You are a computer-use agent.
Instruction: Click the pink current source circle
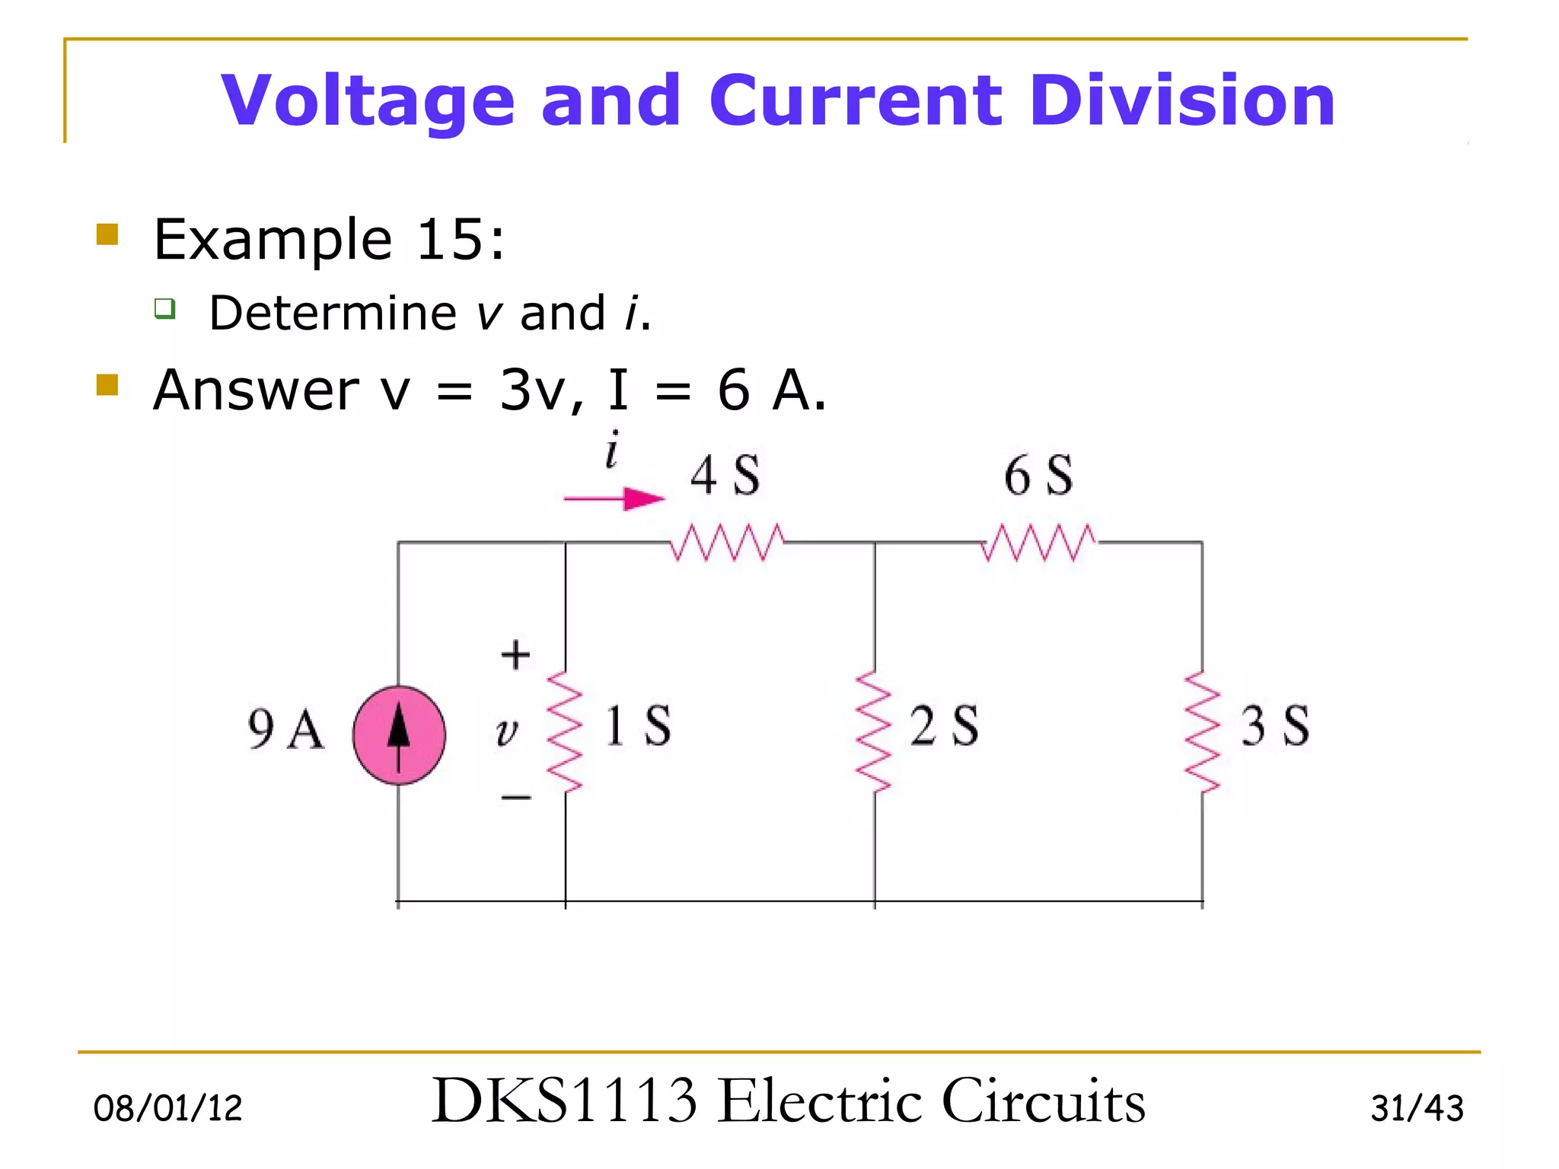399,735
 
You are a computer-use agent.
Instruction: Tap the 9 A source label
285,729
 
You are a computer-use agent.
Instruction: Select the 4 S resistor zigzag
727,542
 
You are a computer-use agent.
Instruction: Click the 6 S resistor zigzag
1039,542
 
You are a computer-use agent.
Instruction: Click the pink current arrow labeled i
615,499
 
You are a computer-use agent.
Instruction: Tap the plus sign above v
515,655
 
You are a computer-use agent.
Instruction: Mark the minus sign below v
515,798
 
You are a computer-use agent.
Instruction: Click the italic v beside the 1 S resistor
506,732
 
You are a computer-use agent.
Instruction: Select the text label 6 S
1038,476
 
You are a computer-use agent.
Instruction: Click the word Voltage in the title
368,100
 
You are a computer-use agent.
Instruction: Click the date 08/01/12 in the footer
167,1108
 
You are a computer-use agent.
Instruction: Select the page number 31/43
1417,1108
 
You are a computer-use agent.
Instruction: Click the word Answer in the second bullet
256,390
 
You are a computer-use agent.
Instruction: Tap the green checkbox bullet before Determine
165,309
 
